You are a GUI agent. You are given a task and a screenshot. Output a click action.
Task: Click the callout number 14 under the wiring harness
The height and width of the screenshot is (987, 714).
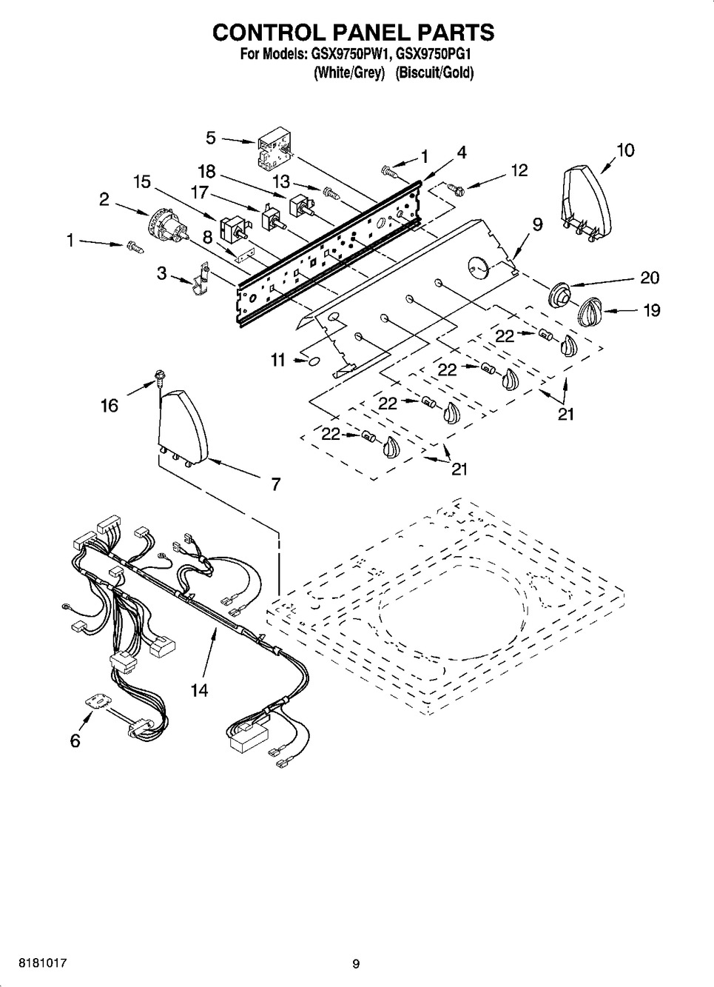198,691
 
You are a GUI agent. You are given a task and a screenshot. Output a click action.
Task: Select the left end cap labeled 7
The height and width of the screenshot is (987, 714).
183,427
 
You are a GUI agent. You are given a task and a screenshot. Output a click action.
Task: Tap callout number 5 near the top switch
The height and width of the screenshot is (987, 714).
211,138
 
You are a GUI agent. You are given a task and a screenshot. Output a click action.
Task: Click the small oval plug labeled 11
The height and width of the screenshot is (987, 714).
314,361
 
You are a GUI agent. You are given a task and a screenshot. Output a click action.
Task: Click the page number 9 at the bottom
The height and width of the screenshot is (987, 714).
356,963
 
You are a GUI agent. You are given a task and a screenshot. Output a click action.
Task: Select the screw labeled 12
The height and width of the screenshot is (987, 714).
456,190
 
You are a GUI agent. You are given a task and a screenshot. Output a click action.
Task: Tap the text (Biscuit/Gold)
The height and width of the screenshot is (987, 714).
434,73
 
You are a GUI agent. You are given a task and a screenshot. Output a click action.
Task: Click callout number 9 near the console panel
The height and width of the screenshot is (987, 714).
537,224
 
